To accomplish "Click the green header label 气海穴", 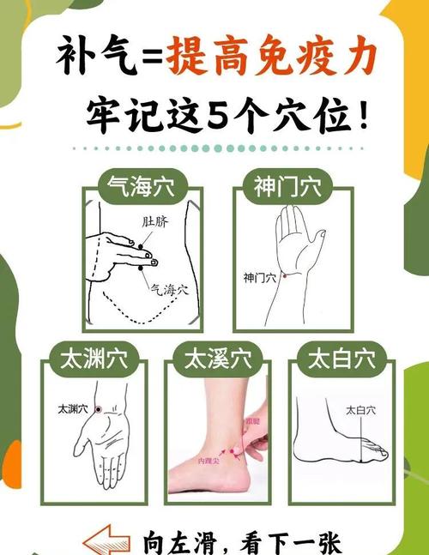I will point(142,186).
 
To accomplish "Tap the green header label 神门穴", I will point(287,186).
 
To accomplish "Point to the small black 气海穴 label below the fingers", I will point(174,289).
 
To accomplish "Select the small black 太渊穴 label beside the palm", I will point(73,408).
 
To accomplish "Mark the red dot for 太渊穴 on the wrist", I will point(99,409).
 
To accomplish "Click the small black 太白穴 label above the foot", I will point(360,411).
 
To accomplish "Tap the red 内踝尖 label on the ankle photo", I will point(209,461).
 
